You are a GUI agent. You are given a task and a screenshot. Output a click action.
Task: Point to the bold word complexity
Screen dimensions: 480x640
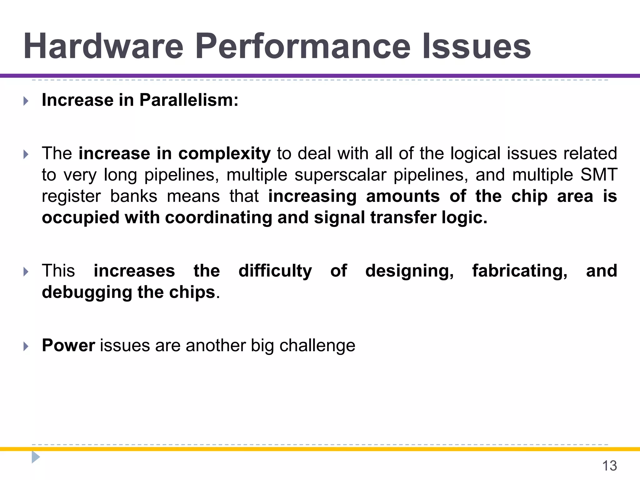tap(224, 154)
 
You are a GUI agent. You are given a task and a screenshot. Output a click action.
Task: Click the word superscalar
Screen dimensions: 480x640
tap(340, 175)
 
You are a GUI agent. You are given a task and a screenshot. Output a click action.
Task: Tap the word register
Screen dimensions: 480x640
tap(71, 197)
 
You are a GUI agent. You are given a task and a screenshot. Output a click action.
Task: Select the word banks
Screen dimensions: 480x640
tap(134, 196)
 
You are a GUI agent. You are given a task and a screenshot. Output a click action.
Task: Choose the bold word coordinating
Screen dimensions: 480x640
tap(218, 217)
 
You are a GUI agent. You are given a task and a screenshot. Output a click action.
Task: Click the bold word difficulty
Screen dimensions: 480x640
tap(275, 271)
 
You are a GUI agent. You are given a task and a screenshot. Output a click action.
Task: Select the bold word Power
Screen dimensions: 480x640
tap(68, 346)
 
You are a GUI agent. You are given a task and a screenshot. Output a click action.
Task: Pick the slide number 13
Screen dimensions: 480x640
tap(609, 466)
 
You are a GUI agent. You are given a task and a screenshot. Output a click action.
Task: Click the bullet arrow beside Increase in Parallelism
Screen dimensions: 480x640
tap(26, 101)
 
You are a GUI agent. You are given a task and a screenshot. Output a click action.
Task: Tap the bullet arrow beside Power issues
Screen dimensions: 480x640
tap(26, 346)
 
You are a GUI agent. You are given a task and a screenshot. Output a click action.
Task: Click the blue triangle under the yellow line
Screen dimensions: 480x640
tap(35, 457)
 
